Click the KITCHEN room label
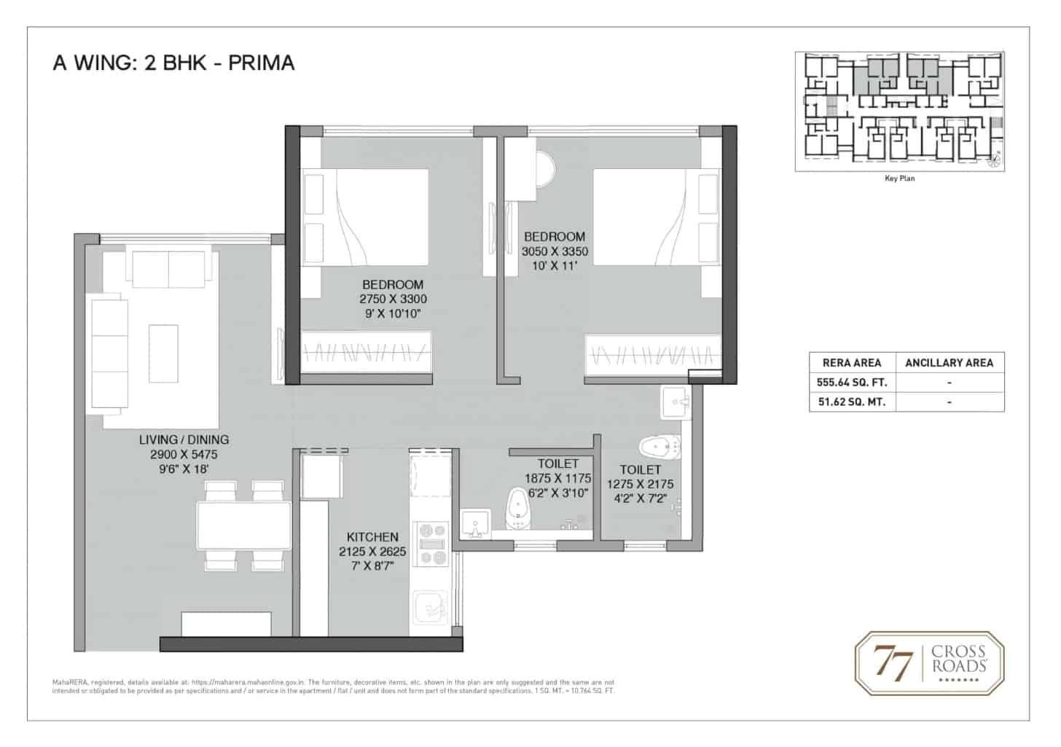point(372,537)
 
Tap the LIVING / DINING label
point(184,439)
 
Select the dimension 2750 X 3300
point(393,300)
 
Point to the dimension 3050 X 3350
point(555,251)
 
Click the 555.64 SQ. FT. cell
point(852,382)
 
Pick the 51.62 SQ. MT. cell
point(852,402)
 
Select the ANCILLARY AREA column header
point(949,362)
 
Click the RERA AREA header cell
point(852,362)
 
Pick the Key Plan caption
point(899,179)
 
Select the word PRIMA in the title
point(261,63)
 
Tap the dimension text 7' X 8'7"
point(372,565)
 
